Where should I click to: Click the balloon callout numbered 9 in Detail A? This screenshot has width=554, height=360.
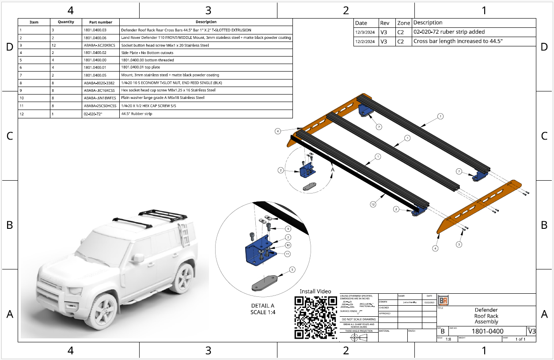tap(288, 229)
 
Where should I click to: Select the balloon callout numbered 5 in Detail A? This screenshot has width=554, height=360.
tap(292, 269)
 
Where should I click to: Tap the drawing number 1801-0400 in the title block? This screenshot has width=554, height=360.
tap(487, 331)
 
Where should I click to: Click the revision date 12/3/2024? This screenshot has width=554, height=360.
tap(364, 32)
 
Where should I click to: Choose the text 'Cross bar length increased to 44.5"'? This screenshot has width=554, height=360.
tap(458, 42)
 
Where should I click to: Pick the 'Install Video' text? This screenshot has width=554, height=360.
tap(315, 291)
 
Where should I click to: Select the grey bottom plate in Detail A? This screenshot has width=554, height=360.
tap(266, 282)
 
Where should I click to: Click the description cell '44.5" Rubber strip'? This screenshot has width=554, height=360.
tap(137, 114)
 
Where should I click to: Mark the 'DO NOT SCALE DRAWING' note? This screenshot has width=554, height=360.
tap(359, 319)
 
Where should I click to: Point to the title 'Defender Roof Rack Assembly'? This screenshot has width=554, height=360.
tap(486, 316)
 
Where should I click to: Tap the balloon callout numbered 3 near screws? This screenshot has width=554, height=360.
tap(459, 244)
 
